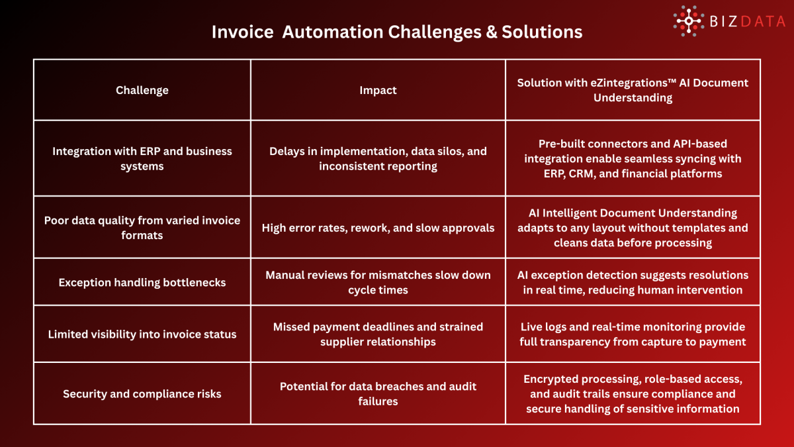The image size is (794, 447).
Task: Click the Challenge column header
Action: point(142,90)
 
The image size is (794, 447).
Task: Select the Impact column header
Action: point(378,90)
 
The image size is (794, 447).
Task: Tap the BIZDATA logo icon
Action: point(689,21)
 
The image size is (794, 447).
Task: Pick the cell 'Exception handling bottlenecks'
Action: point(142,282)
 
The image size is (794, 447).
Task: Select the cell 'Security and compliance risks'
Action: point(142,393)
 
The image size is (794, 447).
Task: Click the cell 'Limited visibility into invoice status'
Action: point(142,334)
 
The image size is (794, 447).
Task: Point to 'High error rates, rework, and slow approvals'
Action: point(378,228)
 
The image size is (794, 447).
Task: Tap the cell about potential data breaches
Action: point(378,393)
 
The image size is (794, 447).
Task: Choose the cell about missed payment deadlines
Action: point(378,334)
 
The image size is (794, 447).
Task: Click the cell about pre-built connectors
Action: point(633,158)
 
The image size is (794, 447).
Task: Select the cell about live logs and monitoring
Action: point(633,334)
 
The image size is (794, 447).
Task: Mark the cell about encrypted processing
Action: point(633,393)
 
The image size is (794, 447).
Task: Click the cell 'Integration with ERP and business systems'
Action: point(142,158)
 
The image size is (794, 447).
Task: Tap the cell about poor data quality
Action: point(142,227)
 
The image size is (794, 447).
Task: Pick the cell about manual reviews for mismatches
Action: point(378,282)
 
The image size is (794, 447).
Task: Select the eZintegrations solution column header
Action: point(633,90)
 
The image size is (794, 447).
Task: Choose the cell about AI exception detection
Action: point(633,282)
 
